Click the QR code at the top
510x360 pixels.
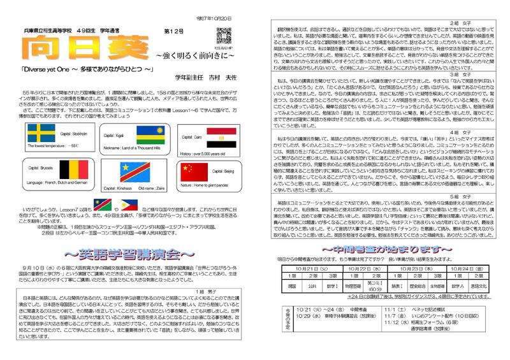coord(222,36)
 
